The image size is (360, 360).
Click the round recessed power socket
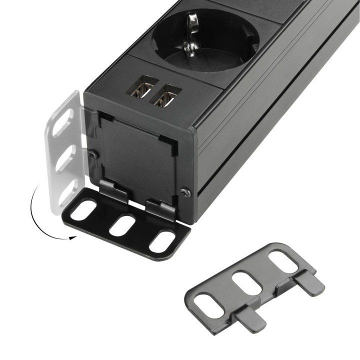pos(200,40)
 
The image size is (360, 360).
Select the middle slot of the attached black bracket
pos(122,225)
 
